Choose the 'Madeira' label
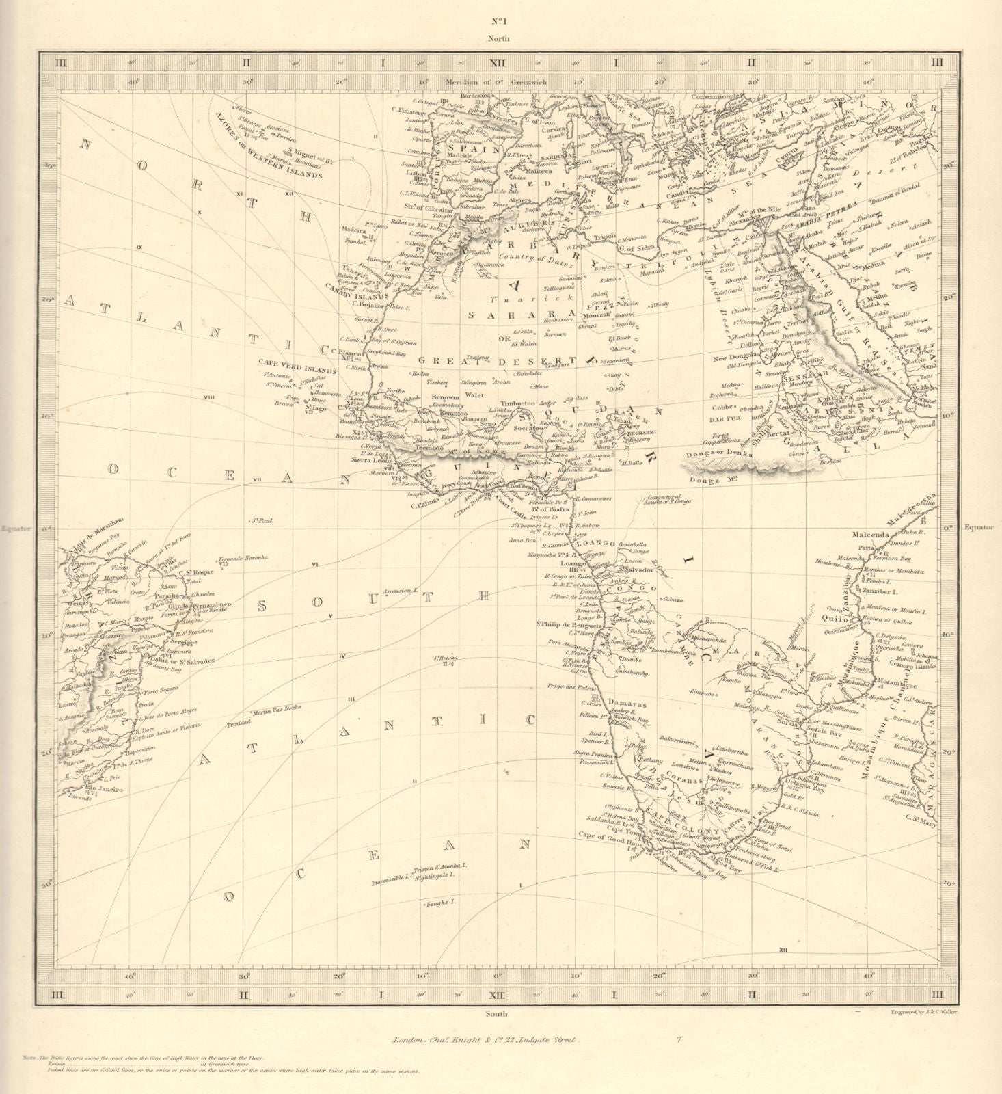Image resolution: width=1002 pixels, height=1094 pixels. [x=355, y=231]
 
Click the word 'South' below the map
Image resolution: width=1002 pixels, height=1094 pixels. [x=497, y=1013]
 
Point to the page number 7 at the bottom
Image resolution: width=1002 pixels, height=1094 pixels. [x=679, y=1041]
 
